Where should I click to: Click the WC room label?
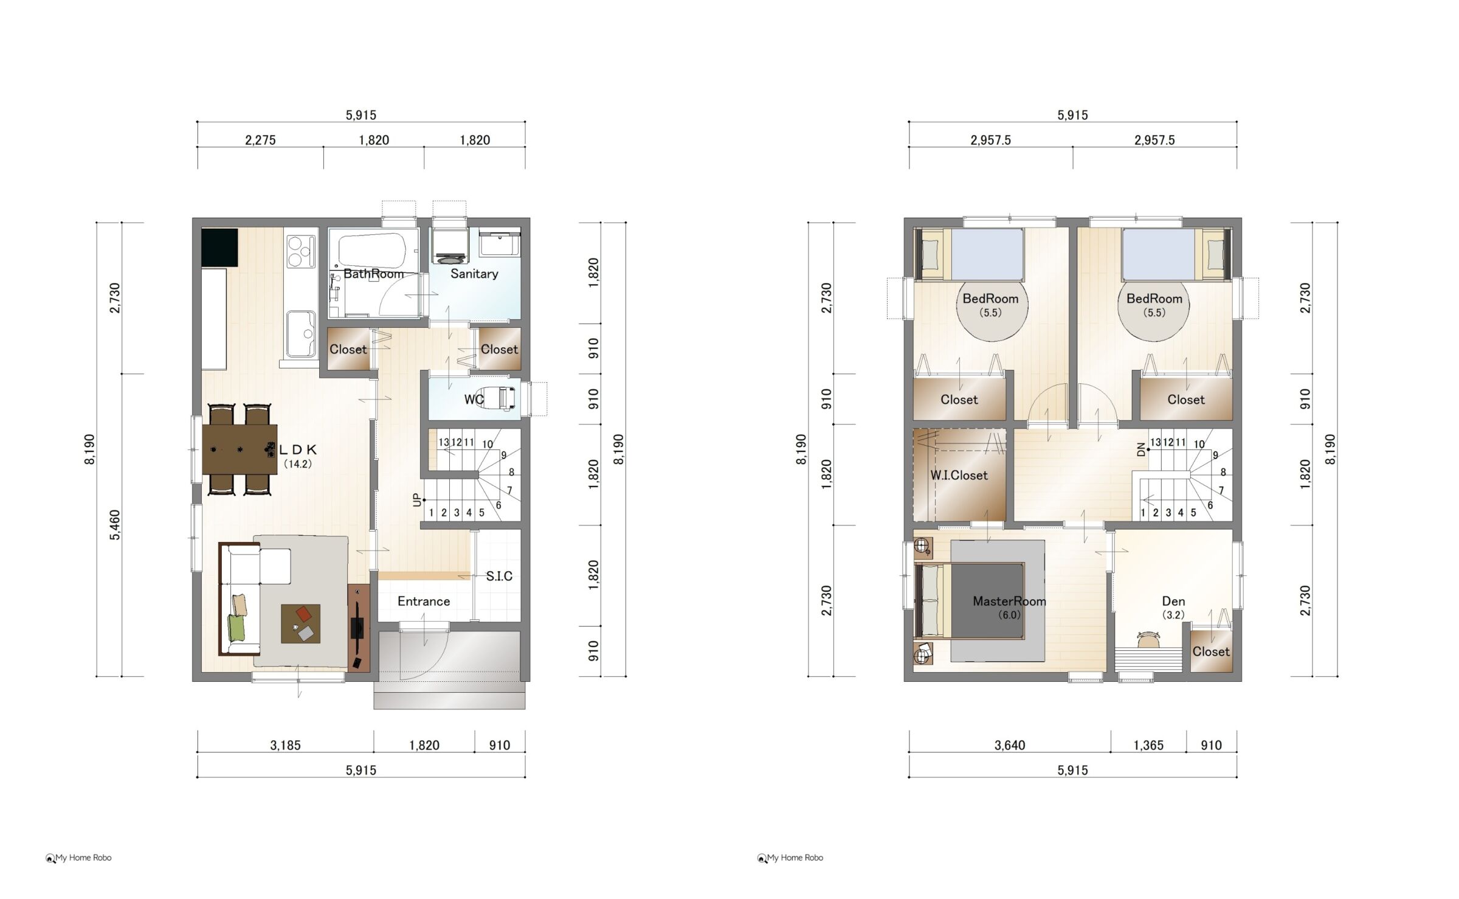point(474,400)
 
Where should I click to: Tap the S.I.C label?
point(499,576)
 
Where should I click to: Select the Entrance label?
point(424,602)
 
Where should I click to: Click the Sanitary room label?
point(474,274)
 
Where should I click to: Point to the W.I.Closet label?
point(959,476)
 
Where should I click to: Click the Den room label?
point(1173,602)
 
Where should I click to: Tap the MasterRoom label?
point(1009,602)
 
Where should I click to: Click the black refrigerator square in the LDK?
point(219,248)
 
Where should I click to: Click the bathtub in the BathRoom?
point(372,251)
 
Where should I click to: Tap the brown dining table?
point(240,449)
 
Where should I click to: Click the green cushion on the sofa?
point(236,627)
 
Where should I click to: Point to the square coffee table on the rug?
point(300,623)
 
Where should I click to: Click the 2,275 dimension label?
point(260,141)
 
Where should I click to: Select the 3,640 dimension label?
point(1010,746)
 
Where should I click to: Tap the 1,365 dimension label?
point(1148,746)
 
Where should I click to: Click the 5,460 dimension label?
point(115,525)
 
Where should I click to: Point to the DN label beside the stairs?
point(1140,450)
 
